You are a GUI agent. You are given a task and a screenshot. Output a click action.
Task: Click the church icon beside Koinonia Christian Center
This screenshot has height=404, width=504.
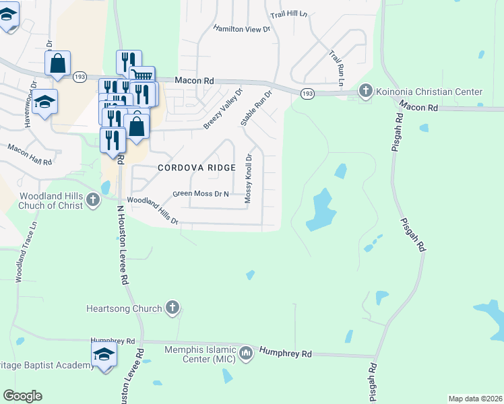(x=366, y=91)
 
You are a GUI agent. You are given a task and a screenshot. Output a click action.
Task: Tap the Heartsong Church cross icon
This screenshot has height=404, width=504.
(x=172, y=308)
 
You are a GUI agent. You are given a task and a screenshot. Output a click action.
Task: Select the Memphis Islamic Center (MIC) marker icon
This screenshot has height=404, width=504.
(x=246, y=353)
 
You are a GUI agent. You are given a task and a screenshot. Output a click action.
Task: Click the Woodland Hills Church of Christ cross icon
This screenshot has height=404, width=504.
(x=92, y=199)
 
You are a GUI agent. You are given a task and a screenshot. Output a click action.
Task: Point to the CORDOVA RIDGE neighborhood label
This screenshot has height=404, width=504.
(x=197, y=168)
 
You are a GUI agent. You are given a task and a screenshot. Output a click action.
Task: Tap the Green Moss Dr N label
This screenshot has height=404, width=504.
(x=201, y=194)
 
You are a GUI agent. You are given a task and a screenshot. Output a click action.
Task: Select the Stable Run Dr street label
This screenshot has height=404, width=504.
(x=256, y=108)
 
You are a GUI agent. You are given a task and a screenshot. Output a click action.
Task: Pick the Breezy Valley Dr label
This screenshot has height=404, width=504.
(x=223, y=108)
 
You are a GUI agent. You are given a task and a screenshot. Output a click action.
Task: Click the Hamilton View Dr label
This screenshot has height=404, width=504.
(x=241, y=29)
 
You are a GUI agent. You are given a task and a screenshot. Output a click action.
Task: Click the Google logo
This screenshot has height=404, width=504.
(x=22, y=396)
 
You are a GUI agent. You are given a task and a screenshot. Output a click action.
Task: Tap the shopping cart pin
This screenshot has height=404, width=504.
(x=142, y=77)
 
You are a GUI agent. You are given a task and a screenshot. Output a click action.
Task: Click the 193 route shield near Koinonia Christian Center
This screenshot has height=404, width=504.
(x=307, y=93)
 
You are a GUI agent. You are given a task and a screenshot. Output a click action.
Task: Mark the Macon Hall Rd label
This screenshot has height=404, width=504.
(x=30, y=154)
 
